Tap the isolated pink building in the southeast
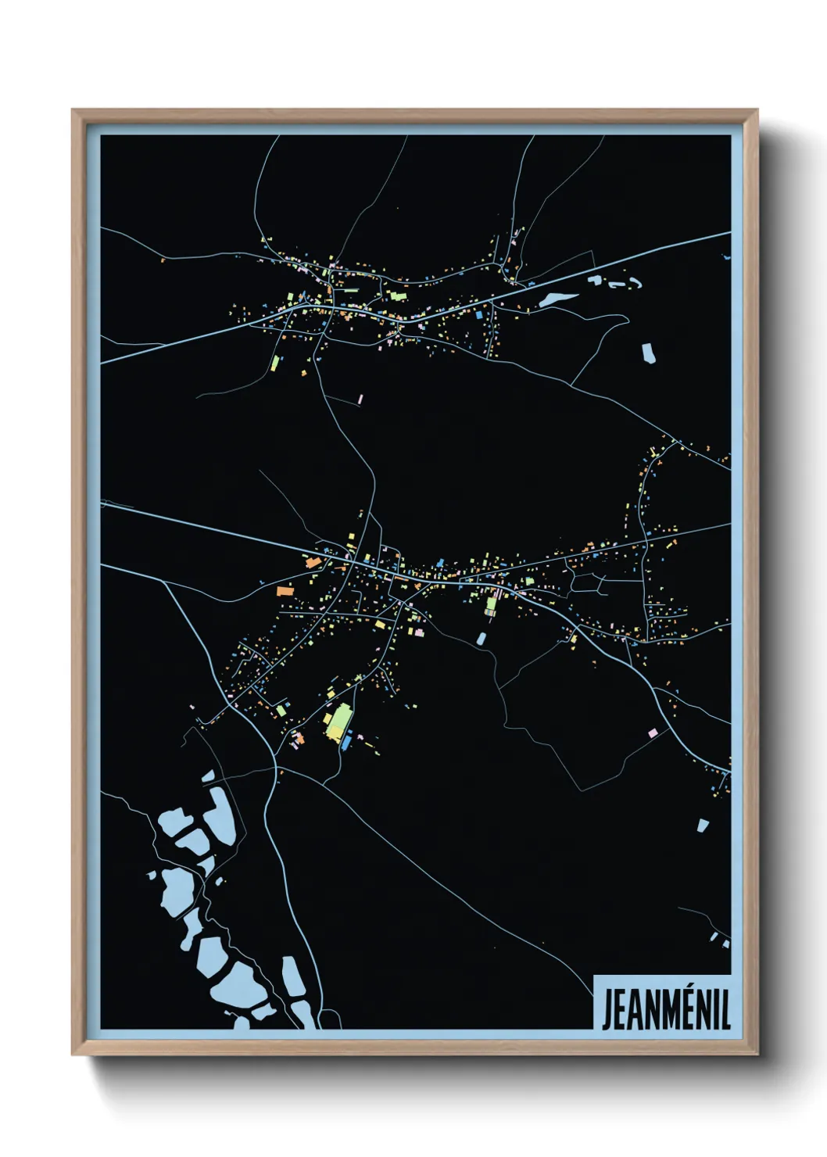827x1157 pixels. (653, 733)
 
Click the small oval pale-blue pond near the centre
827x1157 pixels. (482, 638)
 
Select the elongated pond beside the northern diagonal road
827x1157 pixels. (557, 298)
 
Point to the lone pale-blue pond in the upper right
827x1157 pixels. (648, 353)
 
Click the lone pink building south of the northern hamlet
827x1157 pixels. (360, 399)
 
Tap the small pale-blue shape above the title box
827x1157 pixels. (714, 936)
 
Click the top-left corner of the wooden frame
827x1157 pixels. (73, 110)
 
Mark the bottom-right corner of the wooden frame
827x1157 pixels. (757, 1055)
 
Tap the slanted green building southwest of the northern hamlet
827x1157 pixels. (275, 363)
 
